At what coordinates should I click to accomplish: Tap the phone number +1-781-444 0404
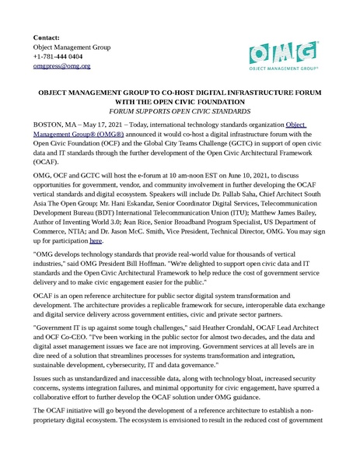pos(58,57)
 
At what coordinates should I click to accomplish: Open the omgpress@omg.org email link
pos(61,67)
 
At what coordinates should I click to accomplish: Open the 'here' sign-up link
pos(96,219)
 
